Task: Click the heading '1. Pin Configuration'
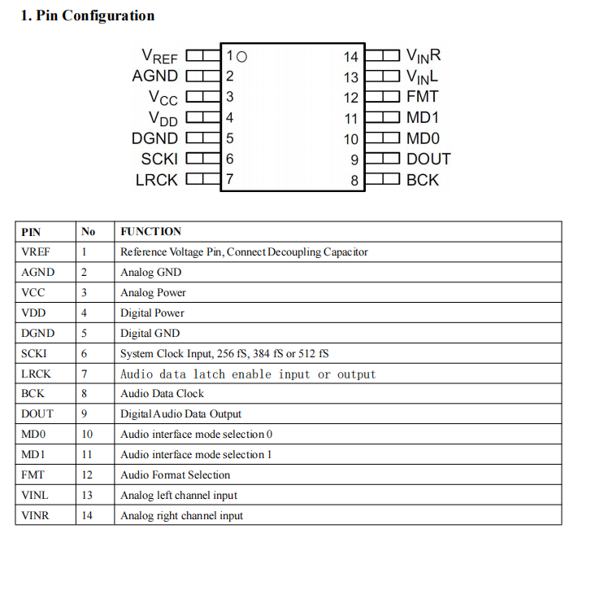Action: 87,15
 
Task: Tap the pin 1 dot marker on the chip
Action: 241,56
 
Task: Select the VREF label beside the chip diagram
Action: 159,56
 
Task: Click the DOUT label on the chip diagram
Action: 428,160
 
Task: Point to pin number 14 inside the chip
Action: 350,57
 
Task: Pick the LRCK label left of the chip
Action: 156,180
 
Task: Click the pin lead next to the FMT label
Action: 381,97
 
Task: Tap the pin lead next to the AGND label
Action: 203,77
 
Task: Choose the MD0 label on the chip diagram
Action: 423,139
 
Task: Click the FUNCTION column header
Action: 150,232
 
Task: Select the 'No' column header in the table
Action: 88,232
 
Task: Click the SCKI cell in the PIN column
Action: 34,354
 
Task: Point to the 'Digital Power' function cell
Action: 152,313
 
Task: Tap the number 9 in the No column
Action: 84,414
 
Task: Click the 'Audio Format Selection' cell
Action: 175,475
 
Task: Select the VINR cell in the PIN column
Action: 35,515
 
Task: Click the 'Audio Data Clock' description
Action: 162,394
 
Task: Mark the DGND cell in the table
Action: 37,334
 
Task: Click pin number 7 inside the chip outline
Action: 230,180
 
